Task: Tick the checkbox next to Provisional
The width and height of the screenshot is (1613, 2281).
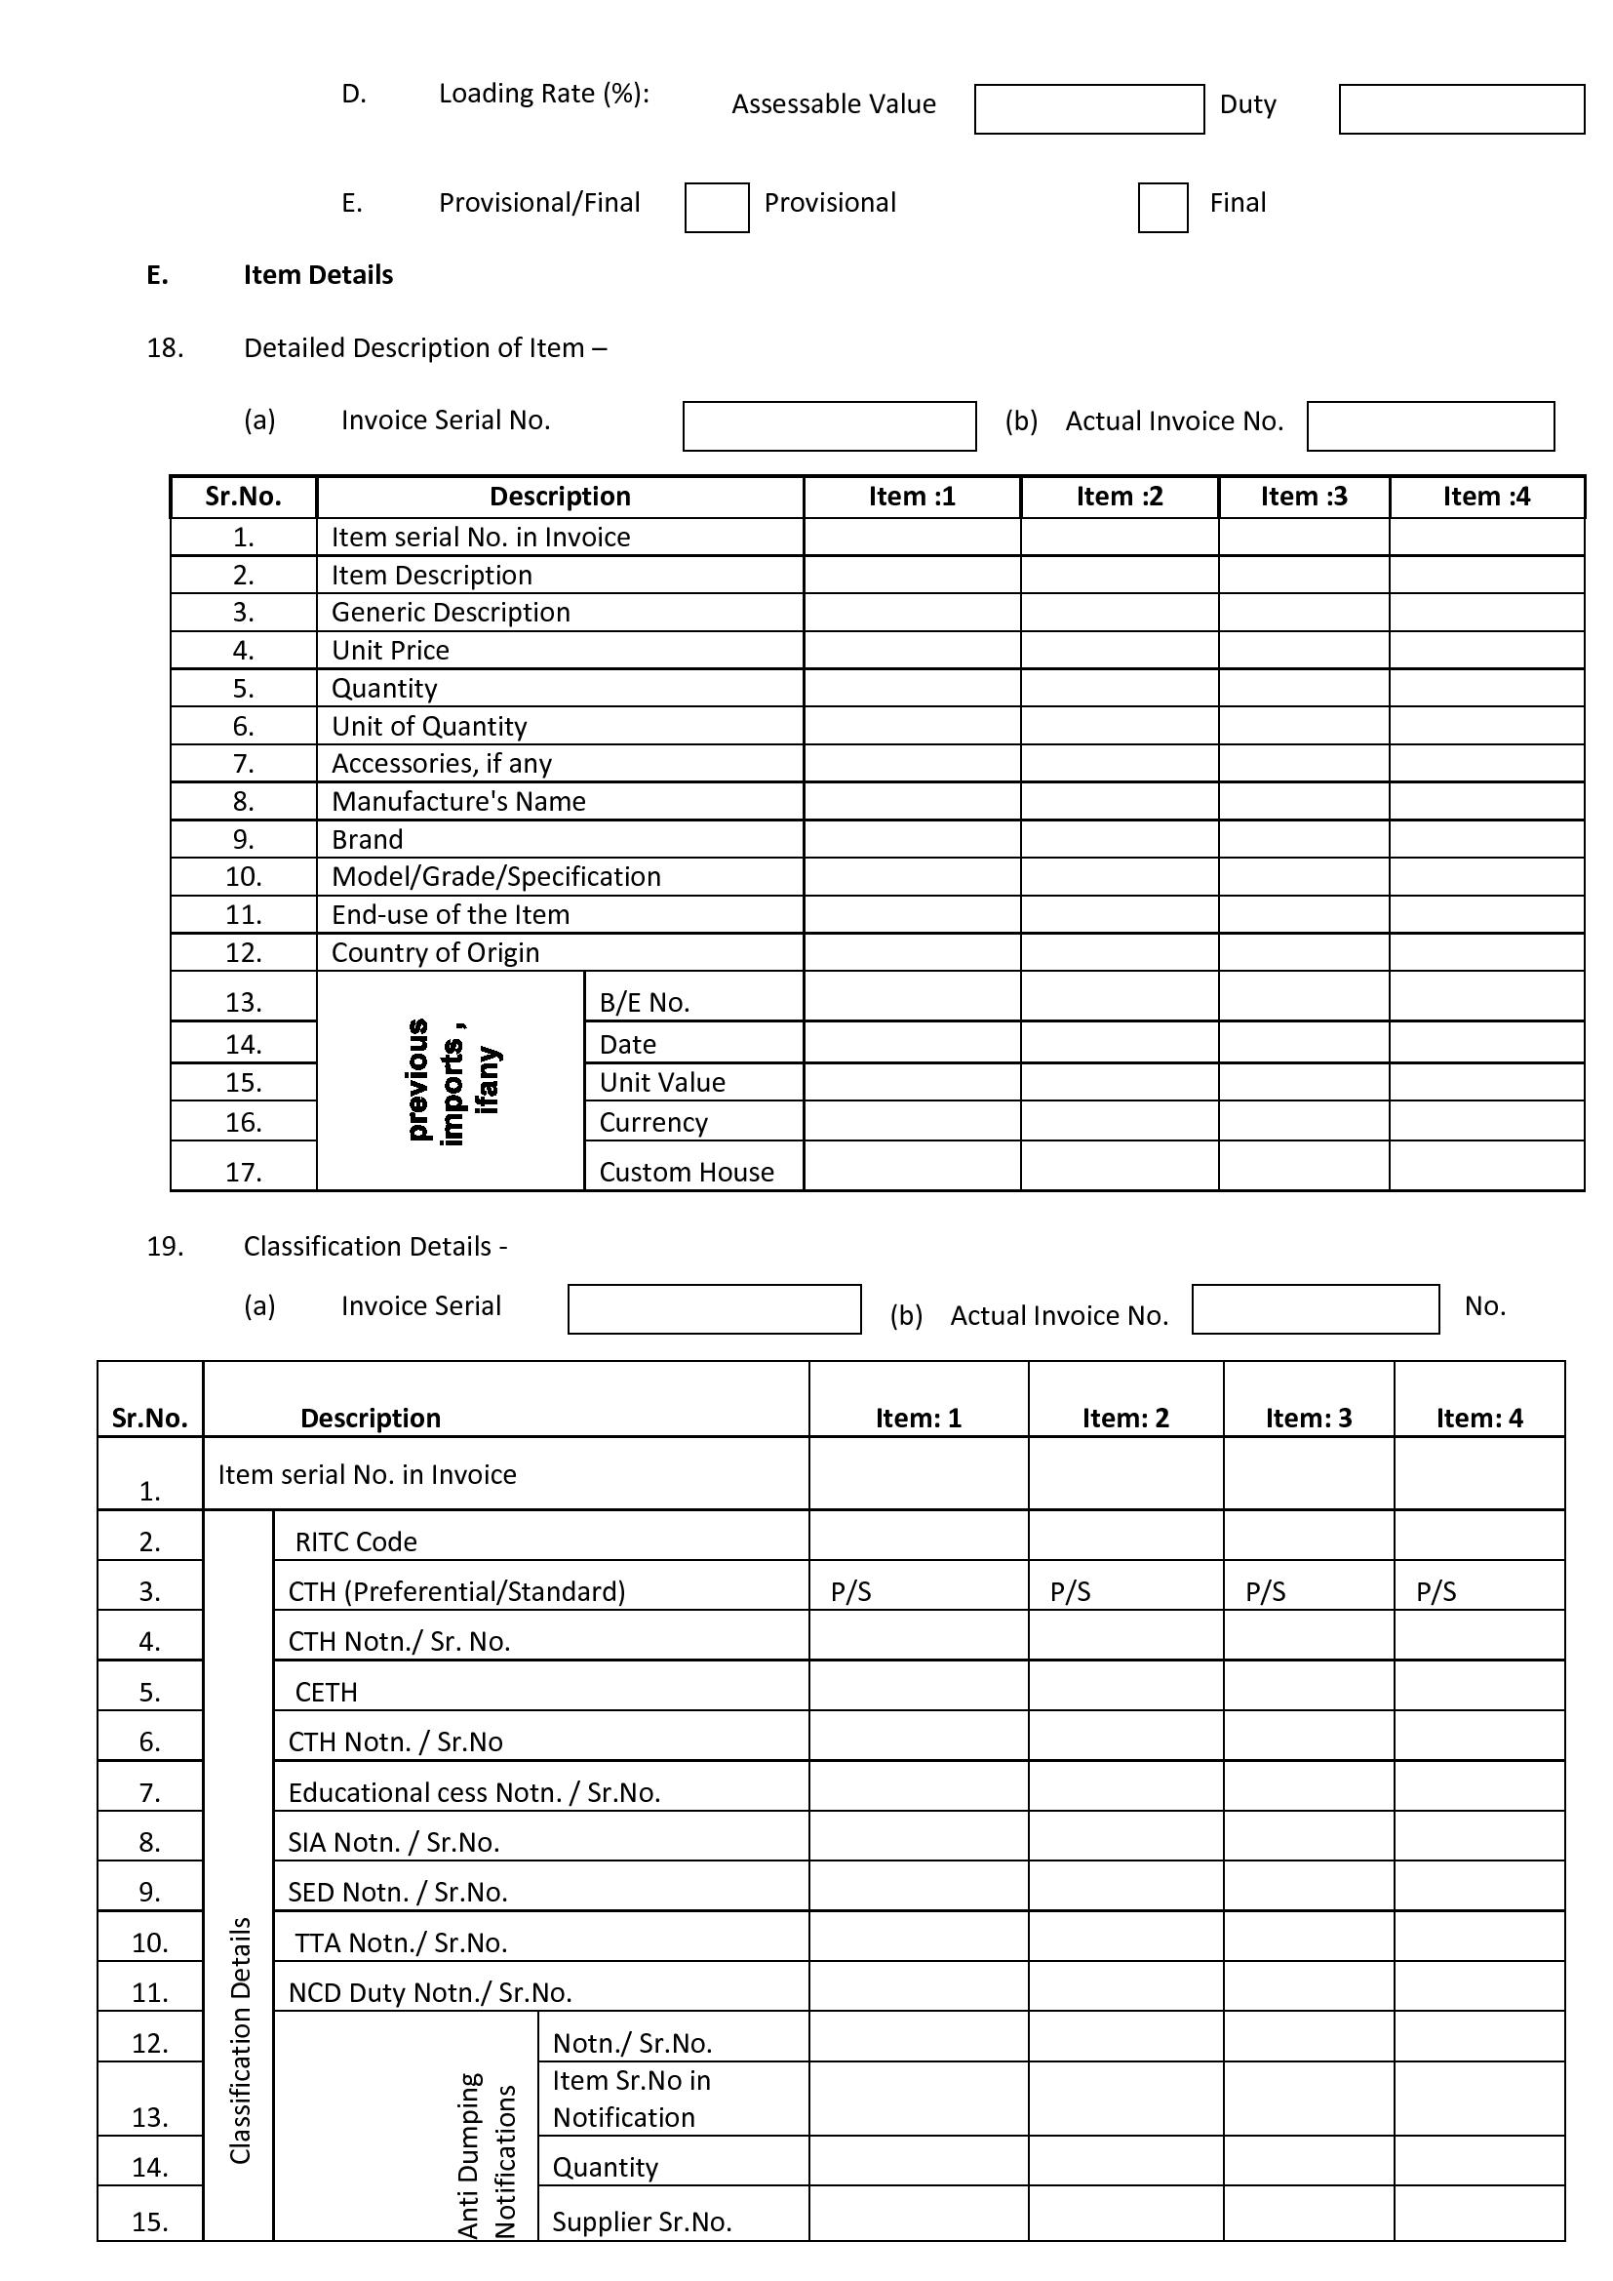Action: [716, 208]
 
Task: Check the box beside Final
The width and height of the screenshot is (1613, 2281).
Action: [1162, 208]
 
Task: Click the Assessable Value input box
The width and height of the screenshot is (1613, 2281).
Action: [1088, 109]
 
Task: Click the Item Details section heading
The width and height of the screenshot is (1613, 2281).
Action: [318, 275]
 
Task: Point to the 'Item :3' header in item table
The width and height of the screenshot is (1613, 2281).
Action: [1303, 497]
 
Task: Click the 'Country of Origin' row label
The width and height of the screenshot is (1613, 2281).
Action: [435, 953]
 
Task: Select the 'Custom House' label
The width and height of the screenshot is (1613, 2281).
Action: [687, 1173]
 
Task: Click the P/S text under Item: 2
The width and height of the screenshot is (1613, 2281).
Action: [1070, 1592]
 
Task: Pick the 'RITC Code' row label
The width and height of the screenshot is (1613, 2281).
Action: [356, 1541]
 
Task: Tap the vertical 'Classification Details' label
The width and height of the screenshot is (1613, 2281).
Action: [239, 2041]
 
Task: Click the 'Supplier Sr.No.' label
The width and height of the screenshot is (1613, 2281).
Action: [642, 2222]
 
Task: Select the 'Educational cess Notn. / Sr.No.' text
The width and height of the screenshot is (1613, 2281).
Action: [474, 1793]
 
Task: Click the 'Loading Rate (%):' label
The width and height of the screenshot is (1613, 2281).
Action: [543, 94]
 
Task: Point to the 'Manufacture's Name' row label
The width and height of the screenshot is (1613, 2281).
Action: [458, 802]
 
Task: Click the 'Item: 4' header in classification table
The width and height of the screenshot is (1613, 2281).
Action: [1479, 1419]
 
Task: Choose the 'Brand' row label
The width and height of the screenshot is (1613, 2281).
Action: [367, 839]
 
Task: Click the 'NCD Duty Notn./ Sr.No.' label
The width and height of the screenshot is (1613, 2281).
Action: [429, 1993]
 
